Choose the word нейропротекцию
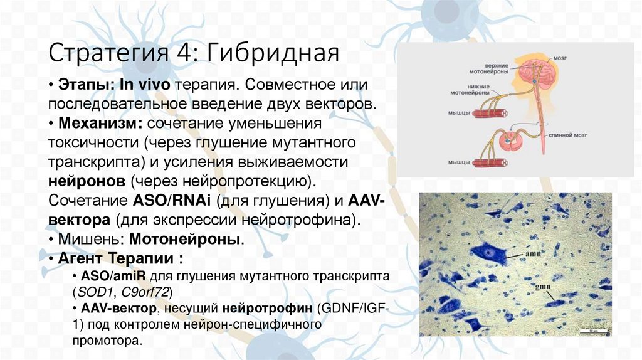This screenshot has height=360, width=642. tap(247, 182)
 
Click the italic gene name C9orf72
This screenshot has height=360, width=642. tap(144, 292)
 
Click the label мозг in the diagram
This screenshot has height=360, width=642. tap(560, 58)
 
